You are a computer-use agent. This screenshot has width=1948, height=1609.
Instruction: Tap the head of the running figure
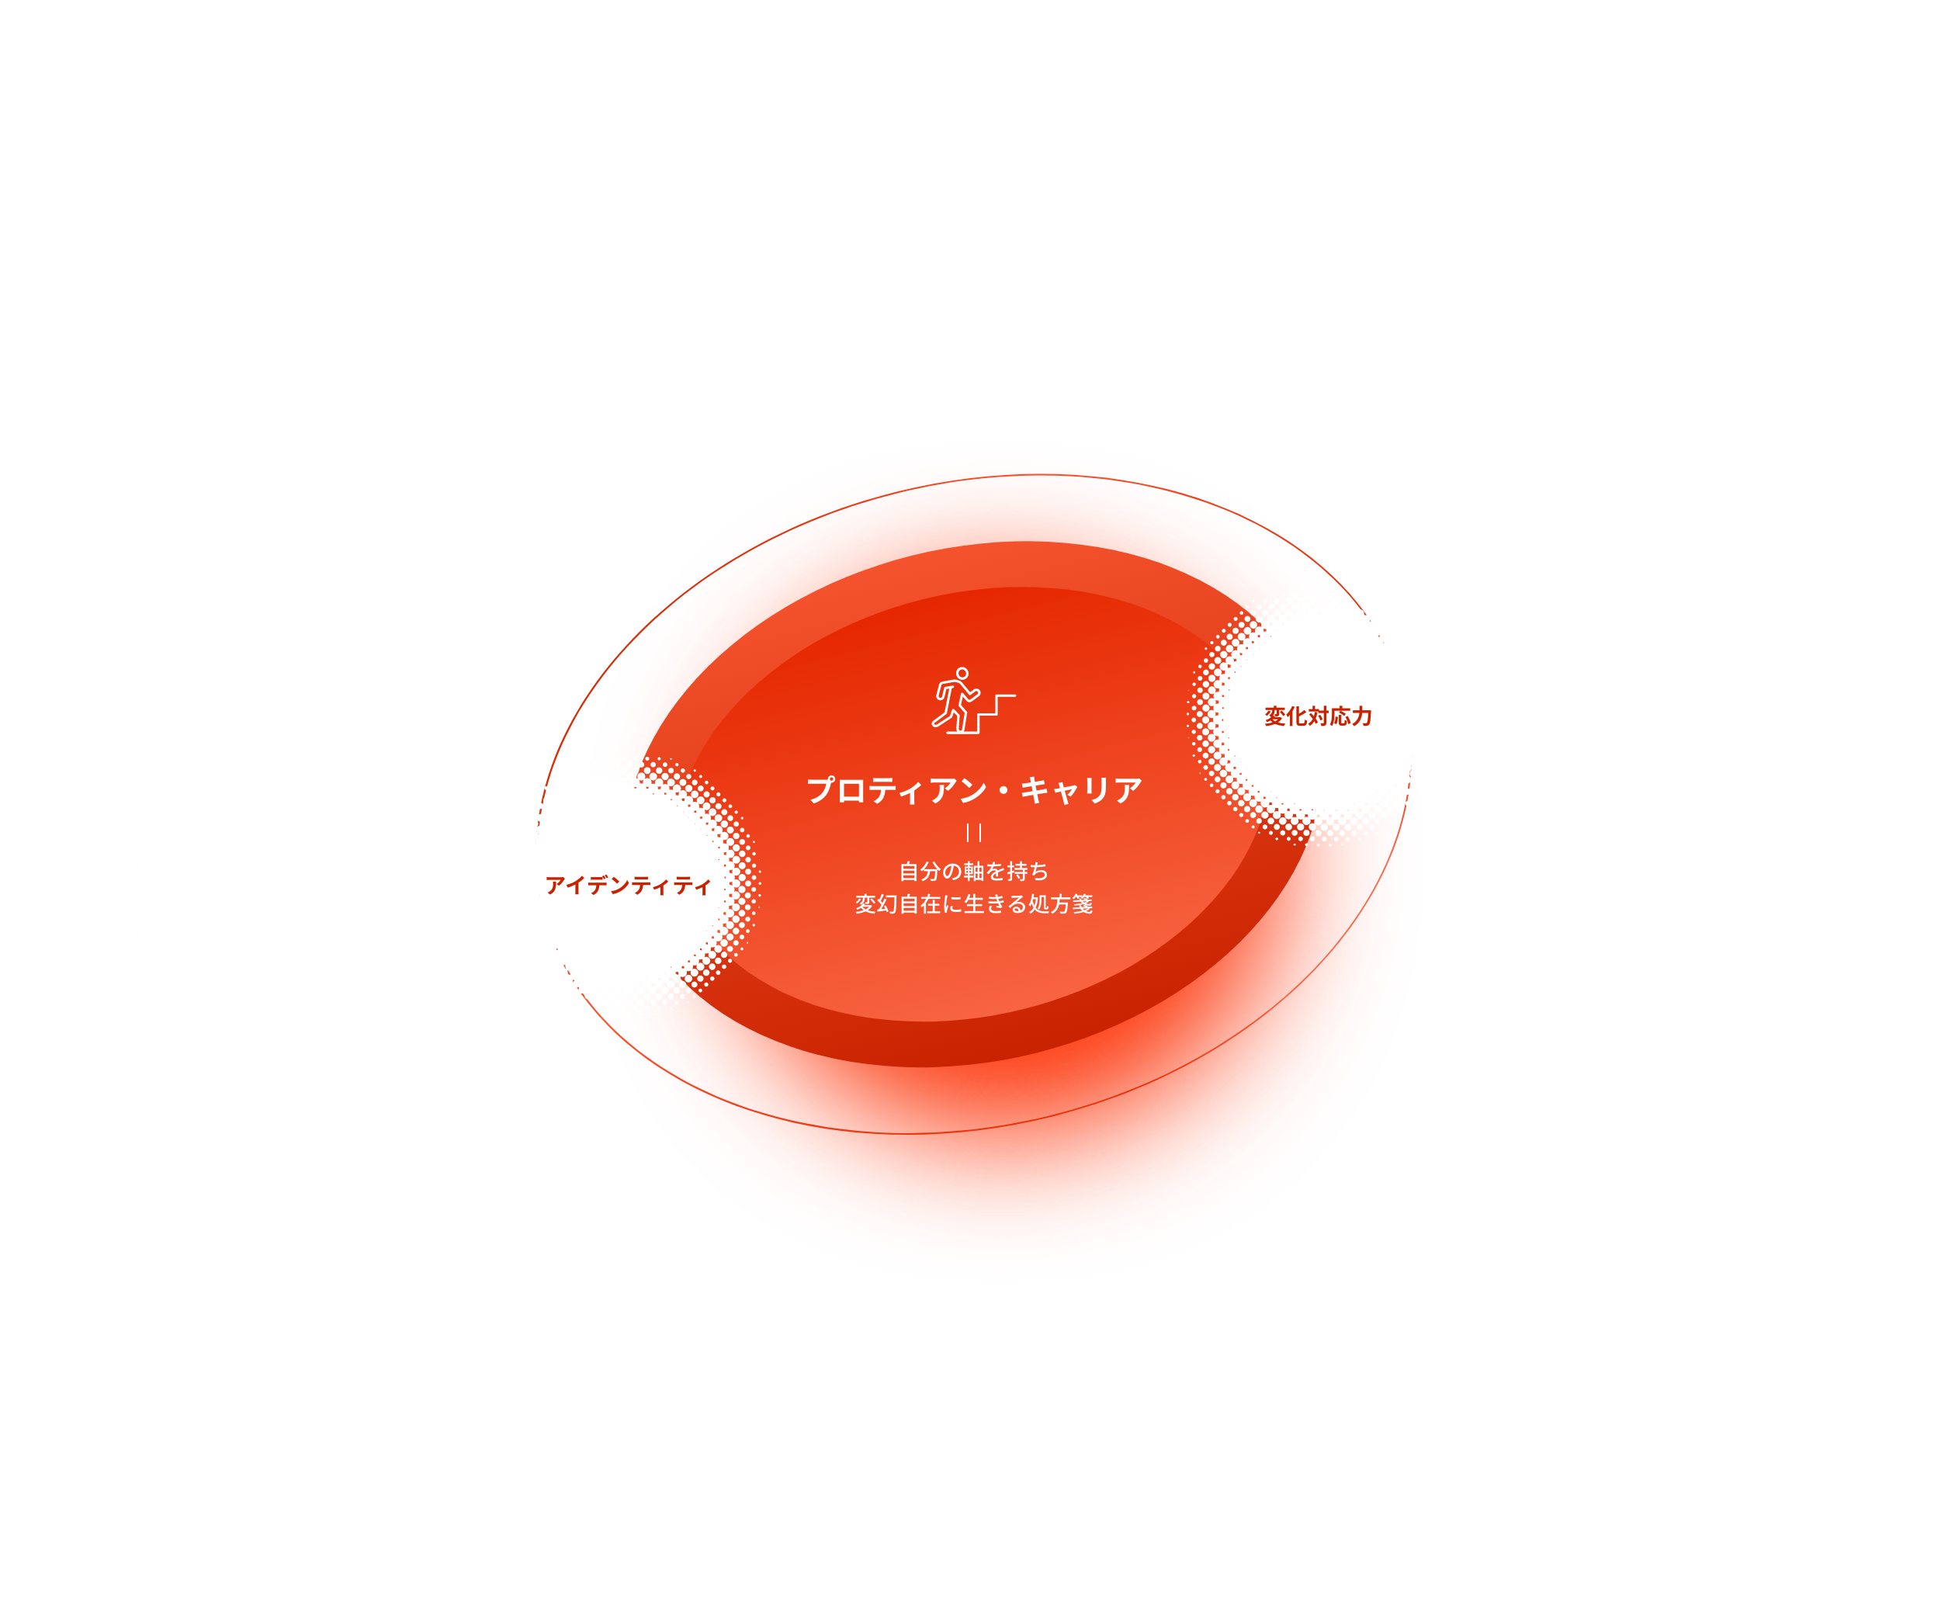[962, 674]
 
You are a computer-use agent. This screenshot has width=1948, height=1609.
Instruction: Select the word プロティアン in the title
[896, 791]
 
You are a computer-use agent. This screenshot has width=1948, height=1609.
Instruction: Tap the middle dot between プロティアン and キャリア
[1003, 792]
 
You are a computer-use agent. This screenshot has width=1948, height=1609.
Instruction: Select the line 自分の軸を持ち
[974, 871]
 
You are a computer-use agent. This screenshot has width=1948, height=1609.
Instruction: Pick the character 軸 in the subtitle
[973, 871]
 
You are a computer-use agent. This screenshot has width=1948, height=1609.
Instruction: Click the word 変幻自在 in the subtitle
[898, 904]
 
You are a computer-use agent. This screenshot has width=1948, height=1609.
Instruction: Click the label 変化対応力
[1318, 716]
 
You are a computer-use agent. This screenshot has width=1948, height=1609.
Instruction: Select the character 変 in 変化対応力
[1275, 716]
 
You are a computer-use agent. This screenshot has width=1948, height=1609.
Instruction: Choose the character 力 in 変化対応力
[1361, 716]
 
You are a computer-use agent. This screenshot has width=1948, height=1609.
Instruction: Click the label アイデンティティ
[629, 886]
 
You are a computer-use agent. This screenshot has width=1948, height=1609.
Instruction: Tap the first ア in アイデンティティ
[556, 886]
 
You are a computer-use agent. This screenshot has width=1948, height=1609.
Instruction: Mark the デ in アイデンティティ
[598, 886]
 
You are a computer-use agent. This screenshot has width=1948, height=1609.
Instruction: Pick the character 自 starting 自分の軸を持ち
[909, 871]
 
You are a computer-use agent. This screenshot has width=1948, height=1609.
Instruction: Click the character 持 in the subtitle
[1017, 871]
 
